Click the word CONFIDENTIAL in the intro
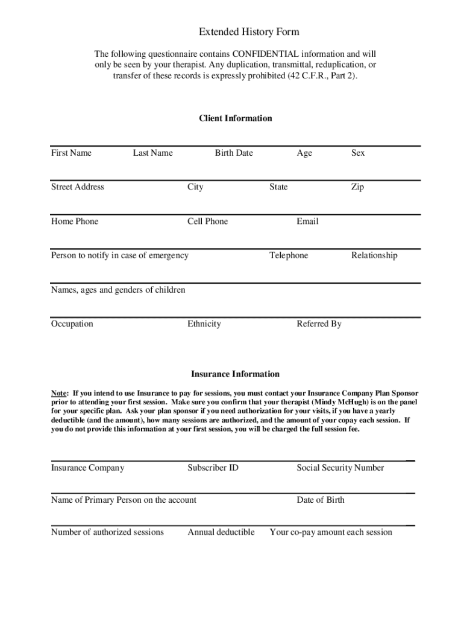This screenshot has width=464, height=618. (x=265, y=54)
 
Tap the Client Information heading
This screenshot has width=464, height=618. (x=236, y=118)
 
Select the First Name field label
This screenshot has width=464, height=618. (x=71, y=153)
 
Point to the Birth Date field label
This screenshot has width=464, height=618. (x=234, y=153)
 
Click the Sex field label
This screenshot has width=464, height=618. (x=358, y=153)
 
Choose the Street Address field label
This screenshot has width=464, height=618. (x=78, y=187)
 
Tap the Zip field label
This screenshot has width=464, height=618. (x=357, y=187)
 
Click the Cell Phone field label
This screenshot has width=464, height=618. (x=208, y=221)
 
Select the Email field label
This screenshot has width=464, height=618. (x=307, y=221)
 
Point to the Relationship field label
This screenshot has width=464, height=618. (x=374, y=255)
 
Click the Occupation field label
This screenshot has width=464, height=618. (x=72, y=324)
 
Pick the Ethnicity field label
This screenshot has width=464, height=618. (x=204, y=324)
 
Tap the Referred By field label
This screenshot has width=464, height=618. (x=319, y=324)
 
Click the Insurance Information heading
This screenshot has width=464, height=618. (x=235, y=374)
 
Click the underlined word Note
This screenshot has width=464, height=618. (x=59, y=393)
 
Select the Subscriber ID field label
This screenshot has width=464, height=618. (x=213, y=468)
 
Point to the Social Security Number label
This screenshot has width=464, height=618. (x=340, y=468)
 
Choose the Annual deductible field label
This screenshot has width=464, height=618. (x=221, y=532)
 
